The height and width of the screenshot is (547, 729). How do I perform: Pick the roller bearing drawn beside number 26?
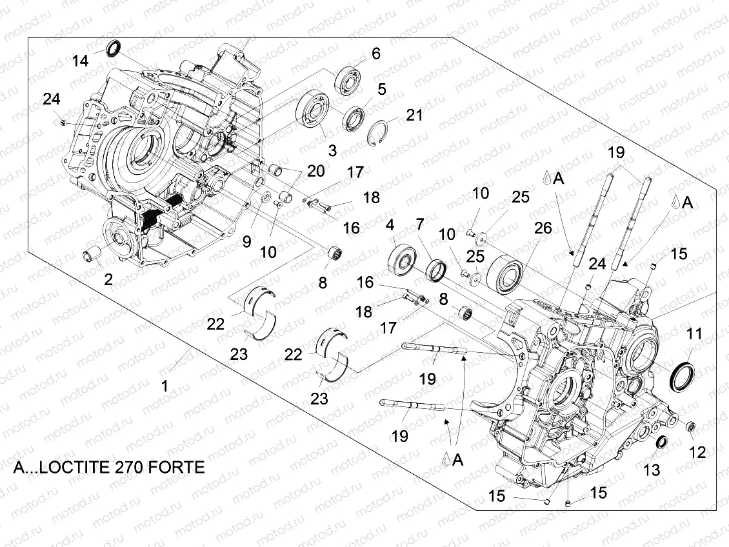pos(507,271)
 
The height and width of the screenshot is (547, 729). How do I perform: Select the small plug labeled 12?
pos(689,426)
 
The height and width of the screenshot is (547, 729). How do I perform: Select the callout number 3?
pos(332,150)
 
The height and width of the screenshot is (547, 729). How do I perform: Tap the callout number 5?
pos(382,88)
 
